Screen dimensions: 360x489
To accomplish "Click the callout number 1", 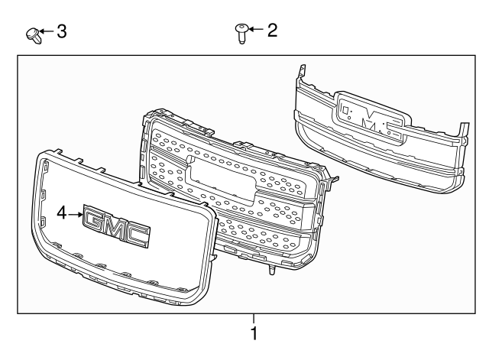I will click(x=254, y=334).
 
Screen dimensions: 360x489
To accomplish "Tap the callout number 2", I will click(x=272, y=31).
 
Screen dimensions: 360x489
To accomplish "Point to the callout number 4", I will click(x=62, y=215).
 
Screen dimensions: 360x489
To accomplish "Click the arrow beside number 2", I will click(x=255, y=31).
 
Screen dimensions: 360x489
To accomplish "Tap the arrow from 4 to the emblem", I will click(x=76, y=216).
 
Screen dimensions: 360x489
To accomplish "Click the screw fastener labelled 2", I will click(x=241, y=33).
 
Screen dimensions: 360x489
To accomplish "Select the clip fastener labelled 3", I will click(x=33, y=34).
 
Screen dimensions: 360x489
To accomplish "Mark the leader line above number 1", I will click(x=254, y=319).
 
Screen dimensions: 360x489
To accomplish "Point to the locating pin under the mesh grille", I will click(x=271, y=271).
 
